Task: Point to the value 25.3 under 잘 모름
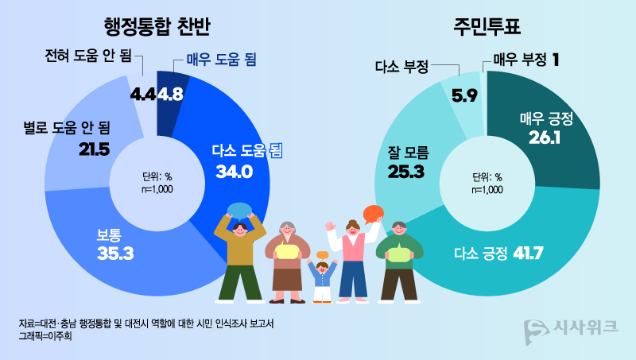(407, 170)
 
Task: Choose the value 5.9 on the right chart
(464, 96)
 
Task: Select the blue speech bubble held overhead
(238, 211)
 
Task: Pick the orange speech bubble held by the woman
(372, 214)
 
